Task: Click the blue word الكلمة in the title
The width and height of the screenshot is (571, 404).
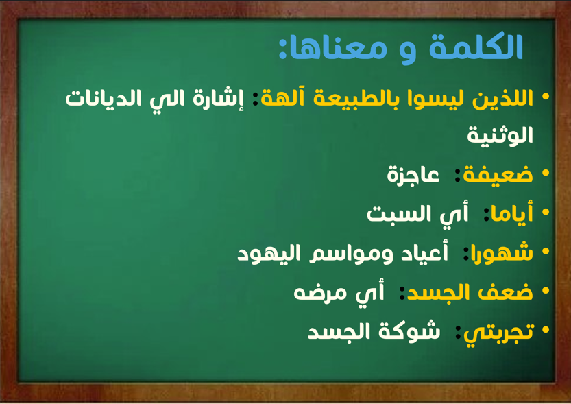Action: [x=476, y=47]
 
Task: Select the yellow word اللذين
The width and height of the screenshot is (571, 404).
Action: [x=502, y=98]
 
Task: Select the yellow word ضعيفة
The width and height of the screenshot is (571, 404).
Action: [x=498, y=174]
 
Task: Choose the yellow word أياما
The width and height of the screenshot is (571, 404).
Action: [x=511, y=213]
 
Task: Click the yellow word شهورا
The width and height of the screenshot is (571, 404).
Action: [x=502, y=252]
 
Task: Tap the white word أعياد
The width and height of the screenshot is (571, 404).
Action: [x=424, y=253]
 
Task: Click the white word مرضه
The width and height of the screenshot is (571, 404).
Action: [x=315, y=293]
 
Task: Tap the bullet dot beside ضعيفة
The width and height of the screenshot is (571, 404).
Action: [x=545, y=173]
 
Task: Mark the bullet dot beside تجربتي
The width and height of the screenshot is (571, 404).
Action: [x=545, y=330]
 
